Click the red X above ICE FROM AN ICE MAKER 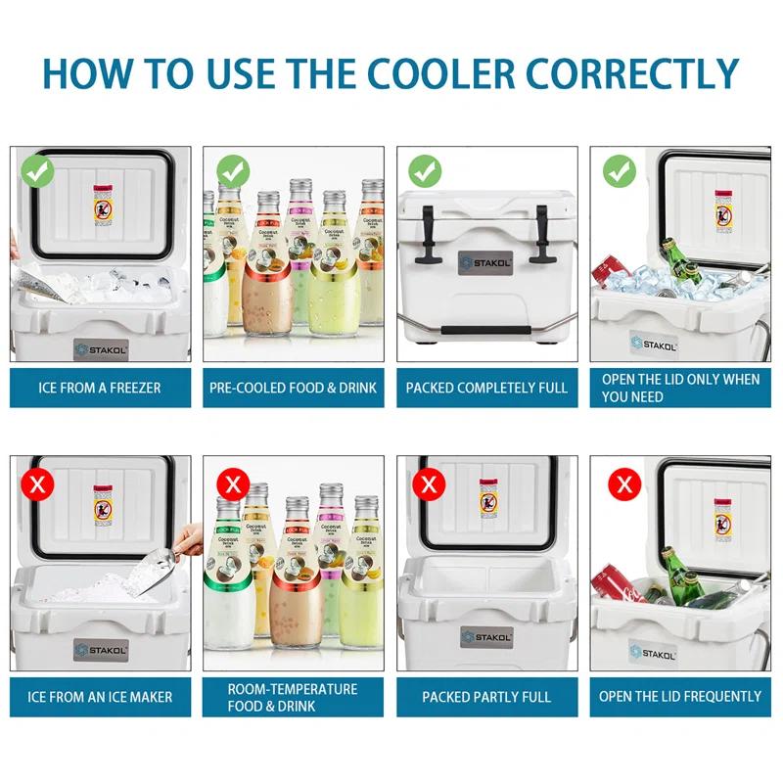(36, 484)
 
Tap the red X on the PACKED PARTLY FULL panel (426, 484)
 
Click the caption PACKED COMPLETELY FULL (486, 388)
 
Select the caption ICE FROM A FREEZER (100, 388)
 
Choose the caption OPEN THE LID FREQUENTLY (680, 697)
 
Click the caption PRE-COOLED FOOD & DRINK (293, 388)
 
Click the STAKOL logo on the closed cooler (485, 261)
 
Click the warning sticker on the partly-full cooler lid (488, 499)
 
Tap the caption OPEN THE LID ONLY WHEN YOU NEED (680, 388)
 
